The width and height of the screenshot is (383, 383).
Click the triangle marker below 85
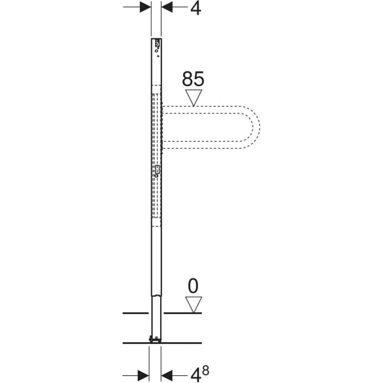pyautogui.click(x=193, y=98)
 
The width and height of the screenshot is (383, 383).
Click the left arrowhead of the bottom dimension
pyautogui.click(x=146, y=373)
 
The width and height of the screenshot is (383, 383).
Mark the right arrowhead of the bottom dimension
pyautogui.click(x=167, y=373)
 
